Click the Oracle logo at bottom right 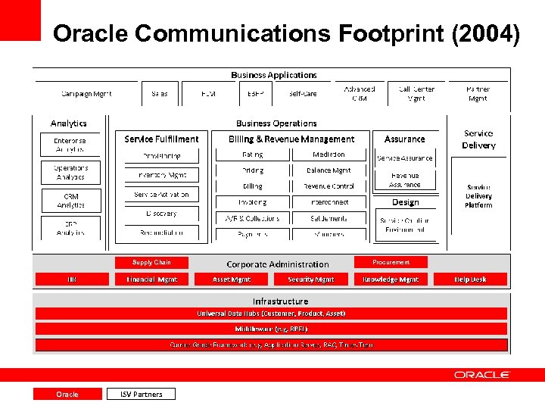481,375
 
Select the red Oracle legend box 67,394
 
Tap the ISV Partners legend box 141,394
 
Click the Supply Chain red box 151,262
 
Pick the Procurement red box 391,262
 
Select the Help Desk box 470,279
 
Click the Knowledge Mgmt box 391,279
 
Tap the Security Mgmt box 310,279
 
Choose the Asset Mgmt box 232,279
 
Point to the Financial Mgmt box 151,279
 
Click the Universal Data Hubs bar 270,314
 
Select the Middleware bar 270,329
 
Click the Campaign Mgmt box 86,94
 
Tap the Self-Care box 303,94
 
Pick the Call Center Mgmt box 416,94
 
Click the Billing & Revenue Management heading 291,139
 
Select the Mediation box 329,155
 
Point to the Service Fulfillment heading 161,139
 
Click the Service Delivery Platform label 478,196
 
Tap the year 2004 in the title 492,34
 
